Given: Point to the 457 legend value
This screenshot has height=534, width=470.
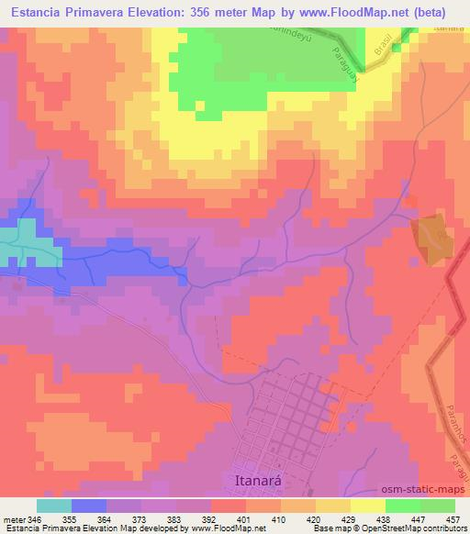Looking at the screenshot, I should pyautogui.click(x=450, y=519).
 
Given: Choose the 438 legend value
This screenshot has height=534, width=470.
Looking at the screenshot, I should pyautogui.click(x=382, y=519).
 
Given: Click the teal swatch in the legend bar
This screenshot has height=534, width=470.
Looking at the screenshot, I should pyautogui.click(x=54, y=506).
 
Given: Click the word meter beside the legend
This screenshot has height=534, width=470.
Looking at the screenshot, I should pyautogui.click(x=14, y=519).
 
